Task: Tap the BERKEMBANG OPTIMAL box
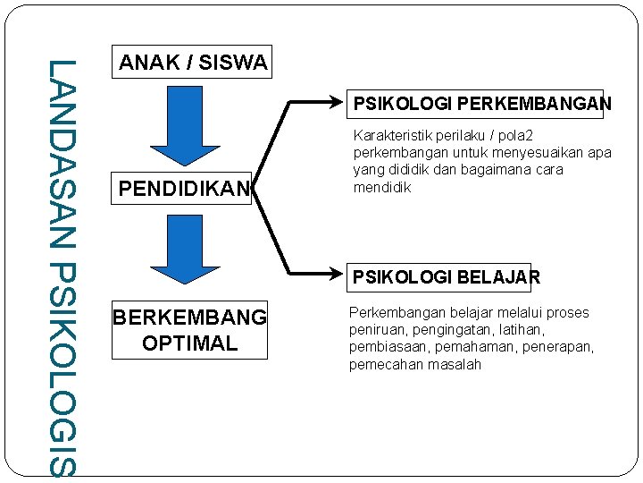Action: point(189,330)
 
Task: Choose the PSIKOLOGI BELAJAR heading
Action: point(446,277)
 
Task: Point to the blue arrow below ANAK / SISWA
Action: point(185,126)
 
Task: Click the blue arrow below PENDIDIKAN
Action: point(185,250)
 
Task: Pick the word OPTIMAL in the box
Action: point(189,343)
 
